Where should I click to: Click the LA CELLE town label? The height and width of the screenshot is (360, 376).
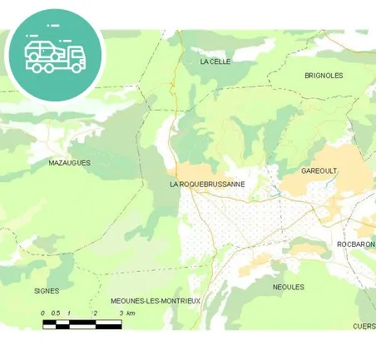215,62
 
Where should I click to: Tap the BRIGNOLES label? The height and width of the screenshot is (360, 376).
324,75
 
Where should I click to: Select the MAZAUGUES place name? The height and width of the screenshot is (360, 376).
70,163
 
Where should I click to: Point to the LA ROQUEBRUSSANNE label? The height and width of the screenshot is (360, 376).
207,184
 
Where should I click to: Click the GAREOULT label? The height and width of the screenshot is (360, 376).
319,170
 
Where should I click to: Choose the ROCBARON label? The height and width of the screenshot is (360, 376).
356,244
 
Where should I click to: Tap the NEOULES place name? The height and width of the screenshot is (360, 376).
289,287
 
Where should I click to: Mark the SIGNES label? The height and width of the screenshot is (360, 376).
47,291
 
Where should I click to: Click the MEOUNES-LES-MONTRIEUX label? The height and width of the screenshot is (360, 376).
156,300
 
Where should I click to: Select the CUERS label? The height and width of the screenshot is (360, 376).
364,326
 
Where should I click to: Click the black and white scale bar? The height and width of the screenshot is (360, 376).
82,323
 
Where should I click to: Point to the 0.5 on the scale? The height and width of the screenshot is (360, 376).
56,313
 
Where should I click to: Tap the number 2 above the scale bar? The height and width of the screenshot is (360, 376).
96,313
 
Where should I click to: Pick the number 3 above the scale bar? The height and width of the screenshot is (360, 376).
121,313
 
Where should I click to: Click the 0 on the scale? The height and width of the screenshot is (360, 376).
43,313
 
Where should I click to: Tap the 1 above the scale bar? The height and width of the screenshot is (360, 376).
69,313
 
